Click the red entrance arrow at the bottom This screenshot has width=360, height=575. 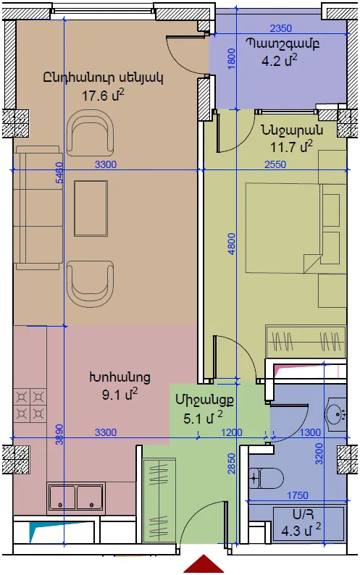point(204,565)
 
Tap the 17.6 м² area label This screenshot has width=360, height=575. point(103,96)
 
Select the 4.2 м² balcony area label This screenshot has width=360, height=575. point(279,60)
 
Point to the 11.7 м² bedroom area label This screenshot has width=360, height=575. point(291,147)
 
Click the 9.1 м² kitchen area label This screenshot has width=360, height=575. point(120,395)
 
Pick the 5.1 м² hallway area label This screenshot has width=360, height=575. point(203,418)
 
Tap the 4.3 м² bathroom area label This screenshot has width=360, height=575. point(301,531)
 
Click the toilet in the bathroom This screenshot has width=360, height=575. point(267,478)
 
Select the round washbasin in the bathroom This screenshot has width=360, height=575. point(336,414)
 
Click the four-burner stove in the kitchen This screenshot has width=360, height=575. point(30,406)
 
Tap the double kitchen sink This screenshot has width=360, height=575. point(76,498)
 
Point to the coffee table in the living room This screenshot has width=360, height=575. point(91,208)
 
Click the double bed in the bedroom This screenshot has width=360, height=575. point(283,228)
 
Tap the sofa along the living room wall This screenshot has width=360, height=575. point(38,208)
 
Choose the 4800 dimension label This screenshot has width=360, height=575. point(232,244)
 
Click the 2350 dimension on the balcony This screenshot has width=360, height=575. point(281,28)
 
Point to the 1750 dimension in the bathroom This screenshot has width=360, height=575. point(297,495)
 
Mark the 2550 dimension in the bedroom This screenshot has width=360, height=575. point(275,164)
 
